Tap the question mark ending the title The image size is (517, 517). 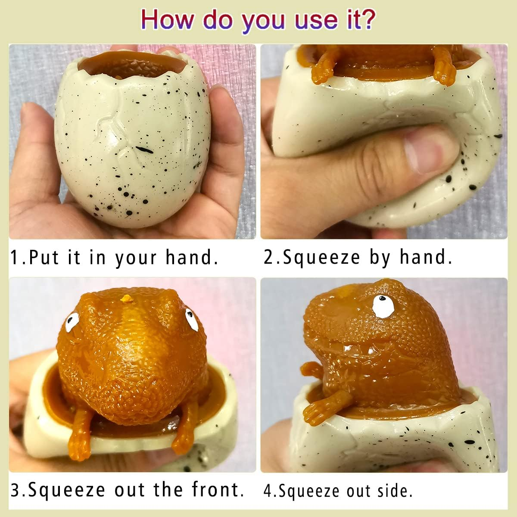pos(367,19)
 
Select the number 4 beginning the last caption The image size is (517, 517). pos(268,491)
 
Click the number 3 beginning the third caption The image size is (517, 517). pos(15,490)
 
